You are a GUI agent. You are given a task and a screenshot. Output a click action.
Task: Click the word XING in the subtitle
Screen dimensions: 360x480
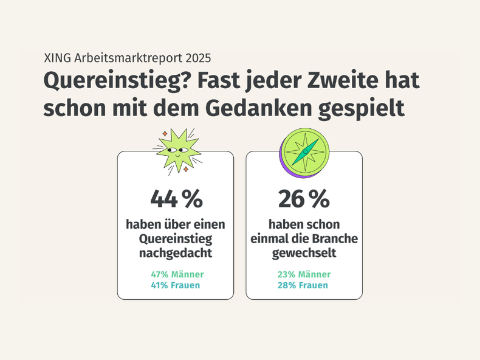click(x=58, y=59)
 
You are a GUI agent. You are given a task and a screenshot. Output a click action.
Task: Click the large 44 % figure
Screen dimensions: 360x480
click(x=176, y=199)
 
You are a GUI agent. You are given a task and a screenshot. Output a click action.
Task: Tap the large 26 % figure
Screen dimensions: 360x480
click(x=304, y=199)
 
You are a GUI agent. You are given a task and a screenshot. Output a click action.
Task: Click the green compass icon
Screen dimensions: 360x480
click(x=304, y=151)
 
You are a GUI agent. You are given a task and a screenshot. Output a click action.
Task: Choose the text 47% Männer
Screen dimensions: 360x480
click(x=177, y=275)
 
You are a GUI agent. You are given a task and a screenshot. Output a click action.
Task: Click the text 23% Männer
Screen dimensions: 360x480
click(x=304, y=275)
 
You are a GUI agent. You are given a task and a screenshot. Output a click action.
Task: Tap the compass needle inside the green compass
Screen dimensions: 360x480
click(x=304, y=151)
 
